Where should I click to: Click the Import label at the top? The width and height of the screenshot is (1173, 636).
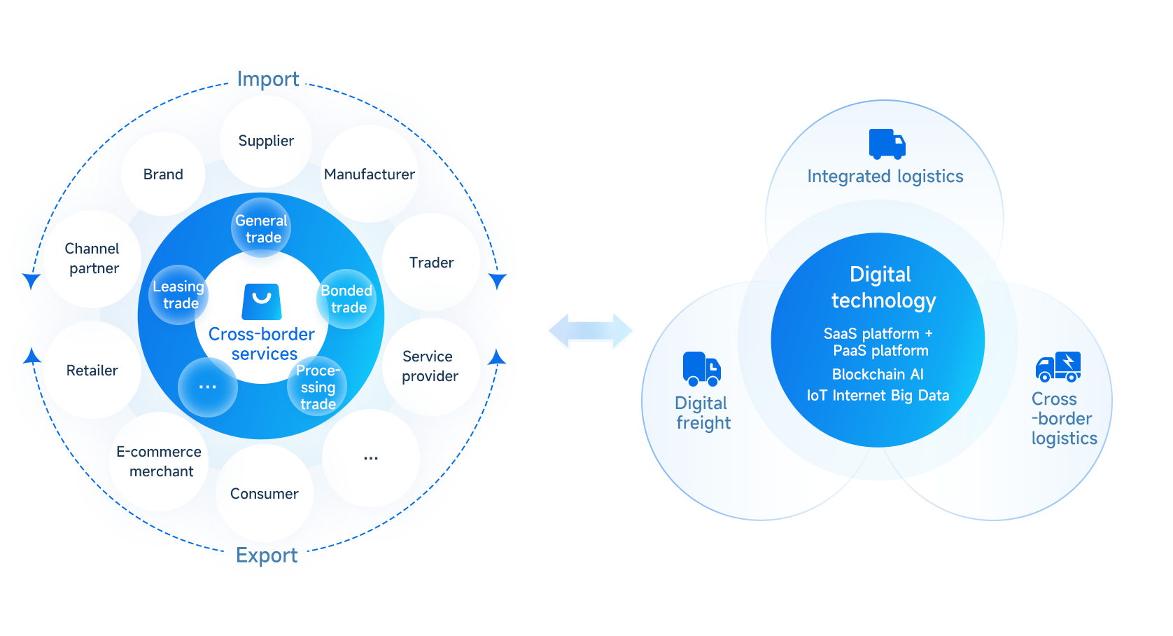pyautogui.click(x=267, y=79)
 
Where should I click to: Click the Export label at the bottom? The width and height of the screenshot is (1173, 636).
pyautogui.click(x=267, y=555)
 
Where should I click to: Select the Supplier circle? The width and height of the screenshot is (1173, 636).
pyautogui.click(x=266, y=141)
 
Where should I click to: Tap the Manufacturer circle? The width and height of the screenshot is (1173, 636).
pyautogui.click(x=370, y=174)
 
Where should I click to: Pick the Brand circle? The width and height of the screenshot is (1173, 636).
pyautogui.click(x=163, y=174)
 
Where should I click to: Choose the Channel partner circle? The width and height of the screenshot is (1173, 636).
pyautogui.click(x=92, y=258)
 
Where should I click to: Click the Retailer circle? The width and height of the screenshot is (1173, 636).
pyautogui.click(x=92, y=371)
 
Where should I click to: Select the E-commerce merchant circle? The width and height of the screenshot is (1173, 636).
pyautogui.click(x=160, y=462)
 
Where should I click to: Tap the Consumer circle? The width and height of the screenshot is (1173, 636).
pyautogui.click(x=265, y=494)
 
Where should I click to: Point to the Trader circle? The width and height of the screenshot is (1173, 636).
pyautogui.click(x=431, y=263)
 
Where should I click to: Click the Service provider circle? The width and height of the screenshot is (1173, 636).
pyautogui.click(x=430, y=366)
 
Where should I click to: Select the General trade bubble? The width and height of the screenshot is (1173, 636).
pyautogui.click(x=262, y=228)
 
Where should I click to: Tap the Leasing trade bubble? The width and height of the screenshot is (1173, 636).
pyautogui.click(x=179, y=295)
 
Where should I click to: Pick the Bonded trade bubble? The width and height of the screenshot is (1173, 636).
pyautogui.click(x=347, y=299)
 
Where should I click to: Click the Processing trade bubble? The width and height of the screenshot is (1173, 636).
pyautogui.click(x=318, y=387)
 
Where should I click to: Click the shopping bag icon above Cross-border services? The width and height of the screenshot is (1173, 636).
pyautogui.click(x=262, y=301)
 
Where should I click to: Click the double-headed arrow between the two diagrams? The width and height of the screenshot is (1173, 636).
pyautogui.click(x=591, y=331)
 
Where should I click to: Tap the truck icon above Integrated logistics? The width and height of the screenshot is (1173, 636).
pyautogui.click(x=887, y=144)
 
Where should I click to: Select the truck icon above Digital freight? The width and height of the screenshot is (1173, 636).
pyautogui.click(x=701, y=368)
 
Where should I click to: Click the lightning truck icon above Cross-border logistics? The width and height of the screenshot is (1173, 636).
pyautogui.click(x=1058, y=366)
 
